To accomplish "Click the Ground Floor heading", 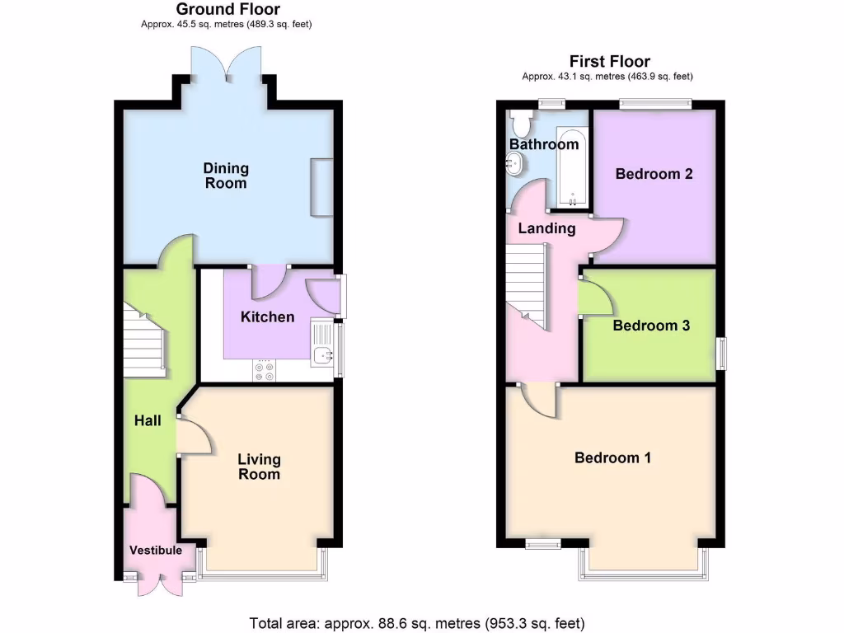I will [228, 10].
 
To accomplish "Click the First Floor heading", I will [609, 62].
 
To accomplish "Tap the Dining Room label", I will [226, 176].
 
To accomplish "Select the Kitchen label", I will [267, 316].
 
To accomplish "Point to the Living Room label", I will [259, 467].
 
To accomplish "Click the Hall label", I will [148, 420].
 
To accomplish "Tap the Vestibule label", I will [155, 550].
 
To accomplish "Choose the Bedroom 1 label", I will [612, 457].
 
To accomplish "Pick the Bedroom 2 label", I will [654, 174].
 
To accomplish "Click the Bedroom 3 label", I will [651, 326].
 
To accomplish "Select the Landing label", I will [546, 228].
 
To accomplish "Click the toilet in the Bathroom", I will [521, 124].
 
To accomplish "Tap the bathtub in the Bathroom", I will [572, 167].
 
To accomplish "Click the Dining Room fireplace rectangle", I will [321, 188].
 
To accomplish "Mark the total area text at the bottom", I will [417, 622].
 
